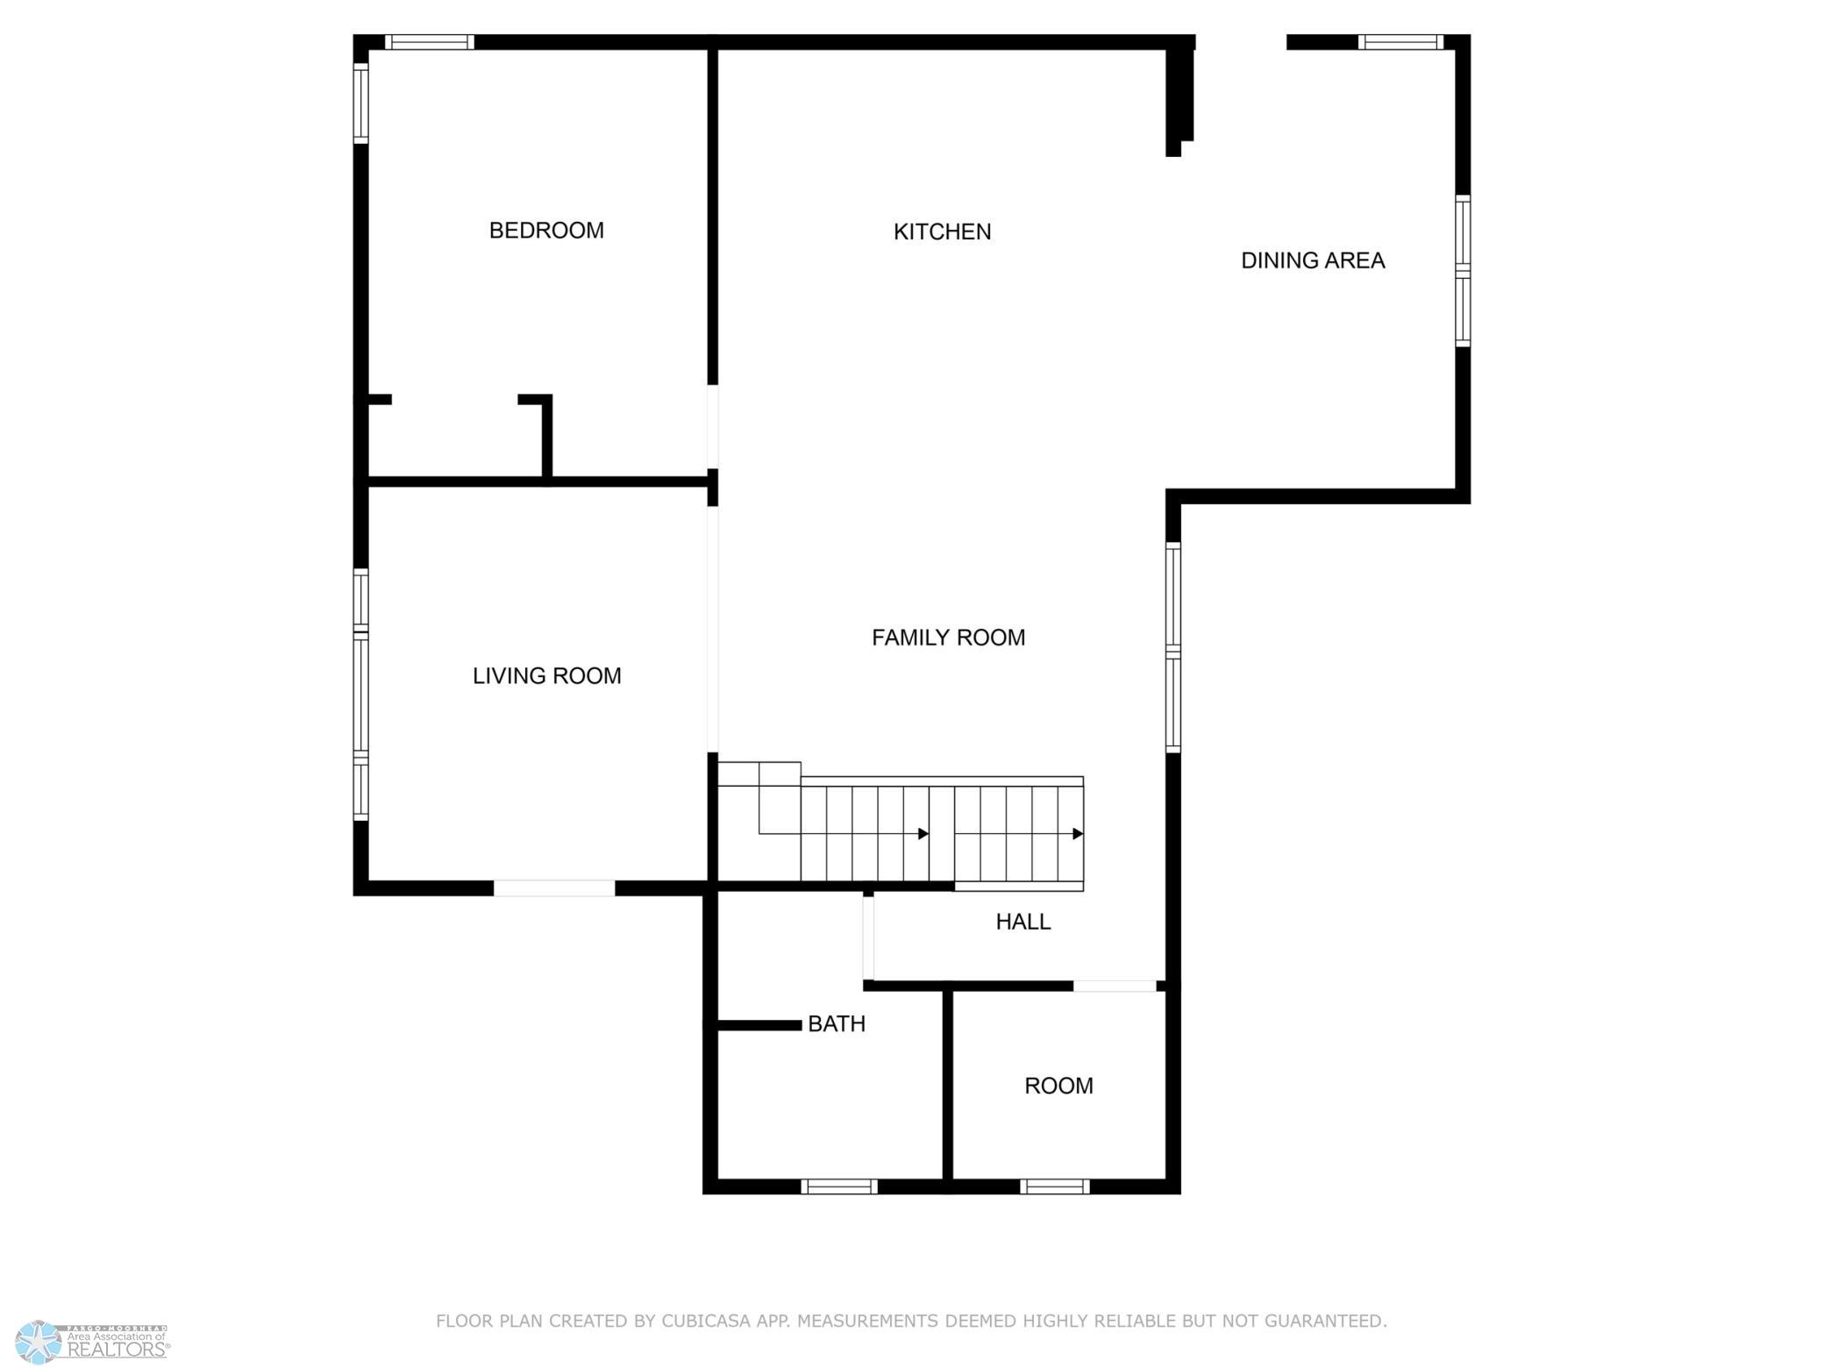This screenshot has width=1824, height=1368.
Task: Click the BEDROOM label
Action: click(x=546, y=231)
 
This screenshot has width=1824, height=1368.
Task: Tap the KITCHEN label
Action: click(x=942, y=232)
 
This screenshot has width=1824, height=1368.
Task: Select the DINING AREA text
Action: click(x=1313, y=260)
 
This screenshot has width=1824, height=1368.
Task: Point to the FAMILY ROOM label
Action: click(x=948, y=638)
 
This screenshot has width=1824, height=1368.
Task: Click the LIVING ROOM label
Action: click(x=546, y=676)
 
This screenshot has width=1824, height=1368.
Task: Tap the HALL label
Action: click(x=1022, y=922)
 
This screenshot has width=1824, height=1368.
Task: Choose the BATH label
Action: click(x=836, y=1023)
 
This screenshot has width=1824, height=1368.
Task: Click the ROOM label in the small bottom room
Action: click(x=1058, y=1086)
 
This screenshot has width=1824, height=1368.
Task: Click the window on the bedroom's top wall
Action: click(x=430, y=42)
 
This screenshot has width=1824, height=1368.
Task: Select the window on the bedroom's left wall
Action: click(x=360, y=103)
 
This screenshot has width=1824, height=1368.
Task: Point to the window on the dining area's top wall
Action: click(x=1400, y=42)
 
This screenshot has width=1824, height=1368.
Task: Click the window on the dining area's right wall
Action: click(x=1463, y=270)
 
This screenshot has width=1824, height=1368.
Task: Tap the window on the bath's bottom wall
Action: click(x=839, y=1186)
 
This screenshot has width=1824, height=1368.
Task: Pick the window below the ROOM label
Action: click(x=1055, y=1186)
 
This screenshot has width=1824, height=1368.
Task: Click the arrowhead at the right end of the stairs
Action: click(x=1078, y=834)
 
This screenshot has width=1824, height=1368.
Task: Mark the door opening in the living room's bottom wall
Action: click(x=554, y=888)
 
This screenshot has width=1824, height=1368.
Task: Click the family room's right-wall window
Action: click(x=1173, y=647)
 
